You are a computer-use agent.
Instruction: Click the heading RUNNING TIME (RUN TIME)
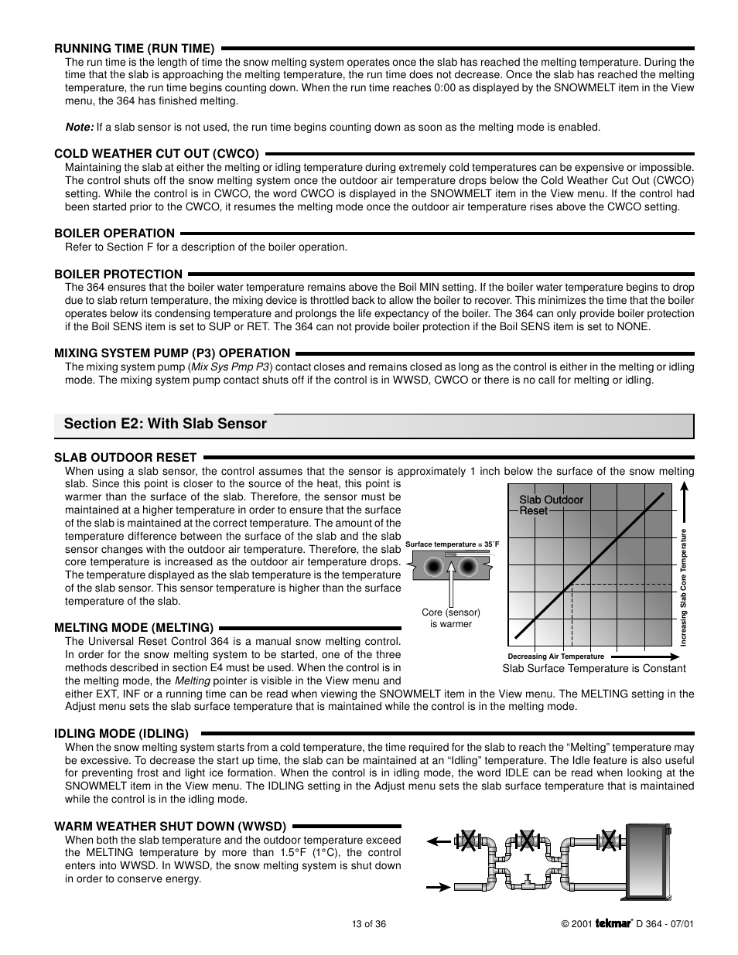pos(134,48)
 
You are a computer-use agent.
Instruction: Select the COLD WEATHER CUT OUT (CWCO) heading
pos(156,153)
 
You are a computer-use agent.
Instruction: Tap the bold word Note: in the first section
pos(79,127)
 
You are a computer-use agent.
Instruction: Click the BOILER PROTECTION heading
pos(118,274)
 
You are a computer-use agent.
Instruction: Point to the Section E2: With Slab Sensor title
pos(166,424)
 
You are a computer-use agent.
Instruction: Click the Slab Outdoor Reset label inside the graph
pos(551,505)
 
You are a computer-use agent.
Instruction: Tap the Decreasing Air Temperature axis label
pos(555,656)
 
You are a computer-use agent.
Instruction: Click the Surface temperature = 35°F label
pos(453,544)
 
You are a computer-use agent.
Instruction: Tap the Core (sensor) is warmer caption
pos(450,618)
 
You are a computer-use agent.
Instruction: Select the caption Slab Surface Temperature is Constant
pos(594,668)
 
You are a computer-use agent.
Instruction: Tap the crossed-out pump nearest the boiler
pos(609,841)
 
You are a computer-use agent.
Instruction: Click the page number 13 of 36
pos(368,923)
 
